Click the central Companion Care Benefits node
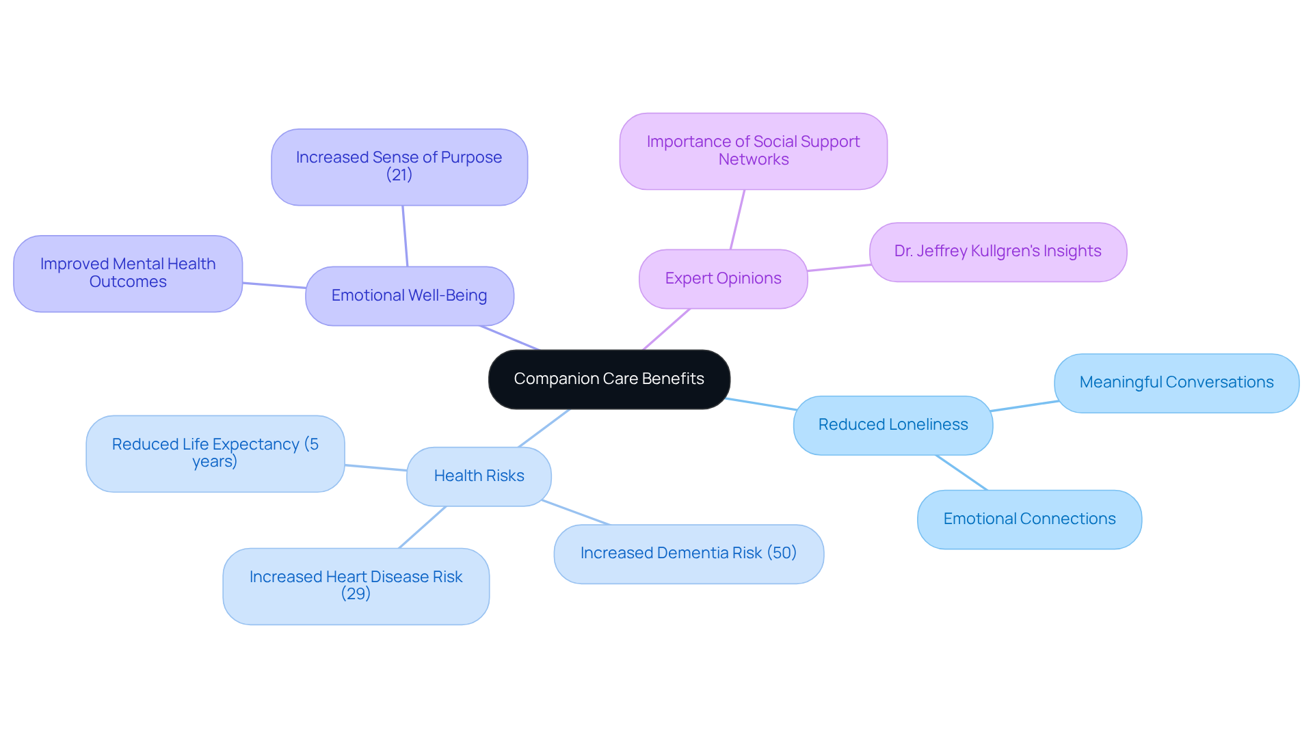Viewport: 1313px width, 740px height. pyautogui.click(x=609, y=379)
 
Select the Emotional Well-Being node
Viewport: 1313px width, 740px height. pyautogui.click(x=409, y=296)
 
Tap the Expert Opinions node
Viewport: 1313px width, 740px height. pyautogui.click(x=723, y=279)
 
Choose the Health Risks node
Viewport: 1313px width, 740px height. pyautogui.click(x=479, y=476)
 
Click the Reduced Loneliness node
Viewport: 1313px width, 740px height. pyautogui.click(x=892, y=425)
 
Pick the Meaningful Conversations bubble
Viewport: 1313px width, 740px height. pyautogui.click(x=1176, y=383)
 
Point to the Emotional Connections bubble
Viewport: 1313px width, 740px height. pyautogui.click(x=1029, y=519)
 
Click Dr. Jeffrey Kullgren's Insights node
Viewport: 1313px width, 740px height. pyautogui.click(x=997, y=251)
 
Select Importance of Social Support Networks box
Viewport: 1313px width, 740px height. pyautogui.click(x=753, y=151)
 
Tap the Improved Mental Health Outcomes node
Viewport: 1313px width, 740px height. pyautogui.click(x=128, y=273)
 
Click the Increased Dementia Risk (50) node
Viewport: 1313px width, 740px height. pyautogui.click(x=688, y=553)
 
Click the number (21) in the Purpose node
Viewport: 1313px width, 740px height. pyautogui.click(x=399, y=175)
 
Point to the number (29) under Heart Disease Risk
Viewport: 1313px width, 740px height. pyautogui.click(x=356, y=594)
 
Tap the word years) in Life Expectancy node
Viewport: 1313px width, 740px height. pyautogui.click(x=215, y=462)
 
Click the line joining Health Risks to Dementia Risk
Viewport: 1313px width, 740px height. pyautogui.click(x=576, y=512)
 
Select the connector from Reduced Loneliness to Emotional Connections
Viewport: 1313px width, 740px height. pyautogui.click(x=961, y=473)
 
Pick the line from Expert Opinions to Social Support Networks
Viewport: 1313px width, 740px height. pyautogui.click(x=737, y=219)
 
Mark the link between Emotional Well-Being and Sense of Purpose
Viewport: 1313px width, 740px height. pyautogui.click(x=405, y=236)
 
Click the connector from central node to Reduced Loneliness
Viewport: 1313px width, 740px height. pyautogui.click(x=761, y=404)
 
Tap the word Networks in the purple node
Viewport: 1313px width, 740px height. pyautogui.click(x=754, y=160)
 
